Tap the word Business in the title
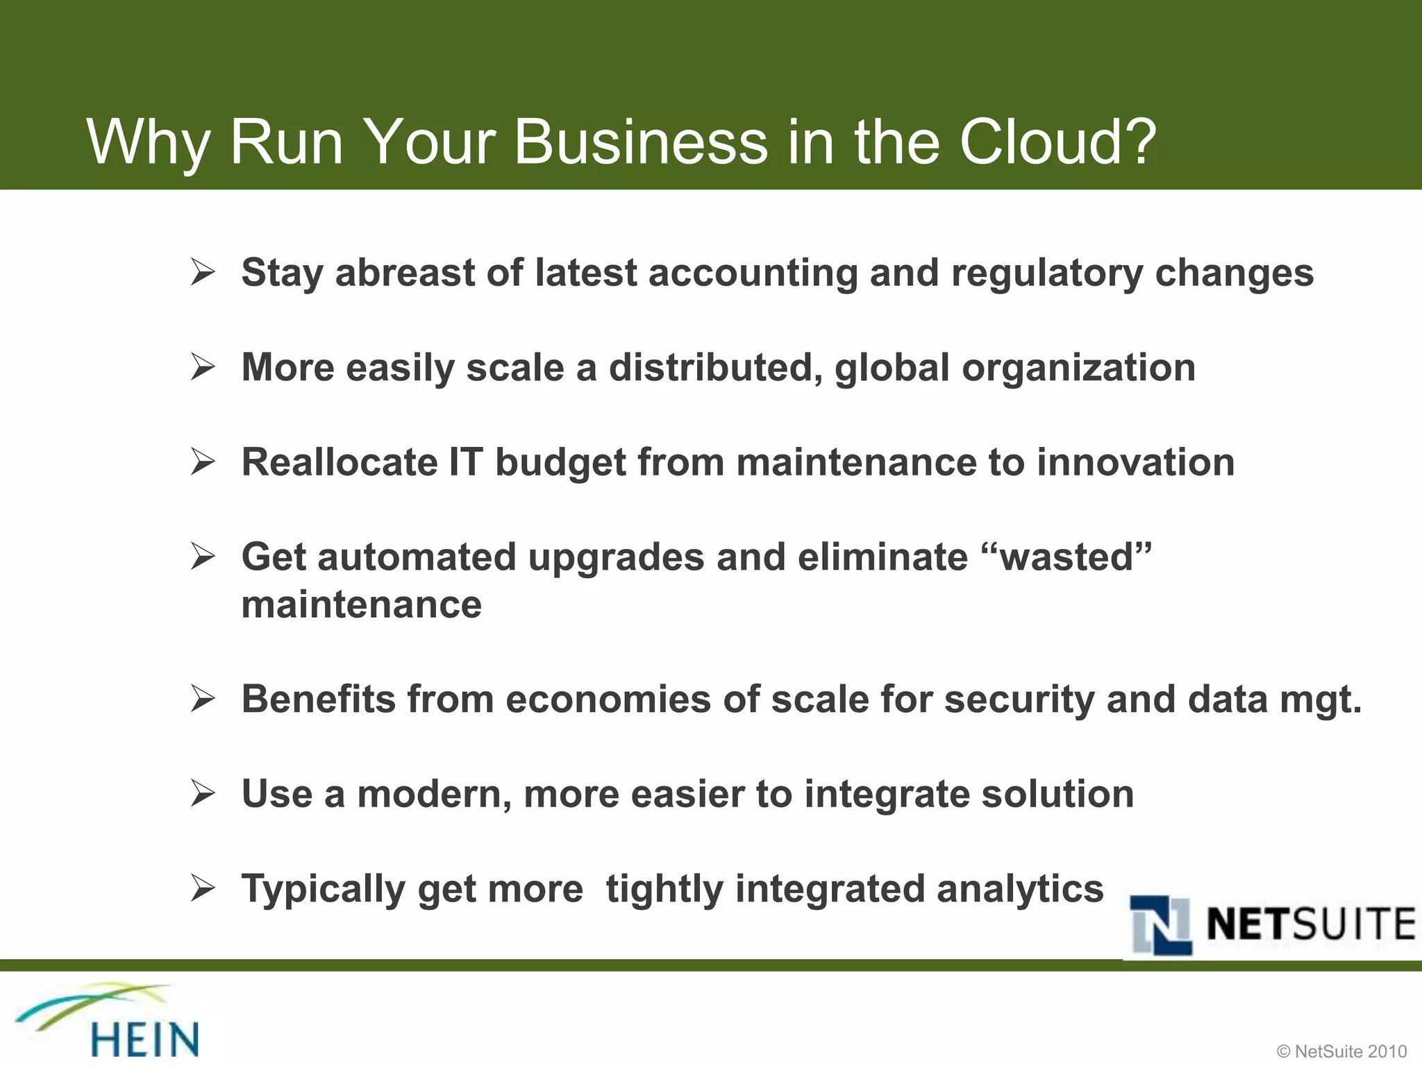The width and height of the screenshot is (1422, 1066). point(641,142)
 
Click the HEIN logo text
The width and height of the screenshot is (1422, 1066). point(145,1039)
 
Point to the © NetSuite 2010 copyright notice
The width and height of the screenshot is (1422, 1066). point(1341,1051)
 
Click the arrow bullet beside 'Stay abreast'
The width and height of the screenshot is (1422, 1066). point(203,273)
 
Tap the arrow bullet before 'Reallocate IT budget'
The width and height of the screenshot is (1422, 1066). point(203,462)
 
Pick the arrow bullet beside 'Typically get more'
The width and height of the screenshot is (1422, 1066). point(203,888)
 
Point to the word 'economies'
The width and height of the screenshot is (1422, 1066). point(608,699)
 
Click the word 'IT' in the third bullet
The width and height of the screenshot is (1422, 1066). point(465,462)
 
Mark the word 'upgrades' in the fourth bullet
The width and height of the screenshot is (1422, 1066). point(616,558)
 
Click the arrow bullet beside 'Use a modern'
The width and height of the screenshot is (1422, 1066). point(203,794)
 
